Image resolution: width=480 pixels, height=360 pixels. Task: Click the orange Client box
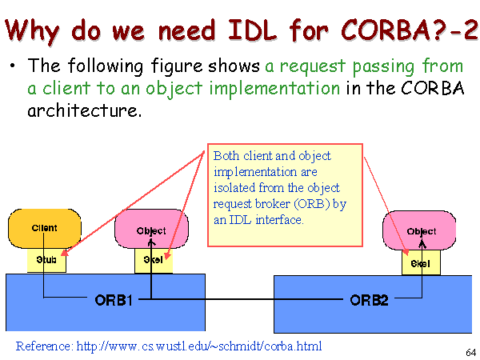45,228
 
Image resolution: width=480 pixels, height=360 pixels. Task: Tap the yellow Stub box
46,260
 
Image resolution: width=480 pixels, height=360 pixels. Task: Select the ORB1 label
114,300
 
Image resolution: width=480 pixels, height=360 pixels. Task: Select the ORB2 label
369,300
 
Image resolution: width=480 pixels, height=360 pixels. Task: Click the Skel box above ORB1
154,261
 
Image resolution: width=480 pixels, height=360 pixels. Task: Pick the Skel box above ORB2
422,262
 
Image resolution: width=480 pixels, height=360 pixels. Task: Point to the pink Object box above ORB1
151,229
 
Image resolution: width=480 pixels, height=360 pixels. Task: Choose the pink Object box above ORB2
419,230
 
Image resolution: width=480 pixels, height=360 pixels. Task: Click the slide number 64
471,352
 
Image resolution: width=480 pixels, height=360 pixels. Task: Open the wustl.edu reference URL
199,346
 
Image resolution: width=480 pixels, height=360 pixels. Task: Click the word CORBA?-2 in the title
409,30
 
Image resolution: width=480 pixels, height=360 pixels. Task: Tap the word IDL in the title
253,30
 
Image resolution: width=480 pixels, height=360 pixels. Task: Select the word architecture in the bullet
85,110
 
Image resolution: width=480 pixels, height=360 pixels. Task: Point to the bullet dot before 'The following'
12,66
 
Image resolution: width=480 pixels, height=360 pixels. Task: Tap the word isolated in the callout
234,188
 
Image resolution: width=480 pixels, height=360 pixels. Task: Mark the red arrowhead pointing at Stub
65,252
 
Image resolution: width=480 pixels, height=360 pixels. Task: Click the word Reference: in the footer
45,346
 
